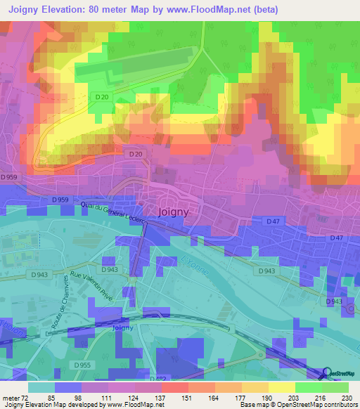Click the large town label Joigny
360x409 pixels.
172,211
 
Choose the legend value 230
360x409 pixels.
347,397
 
